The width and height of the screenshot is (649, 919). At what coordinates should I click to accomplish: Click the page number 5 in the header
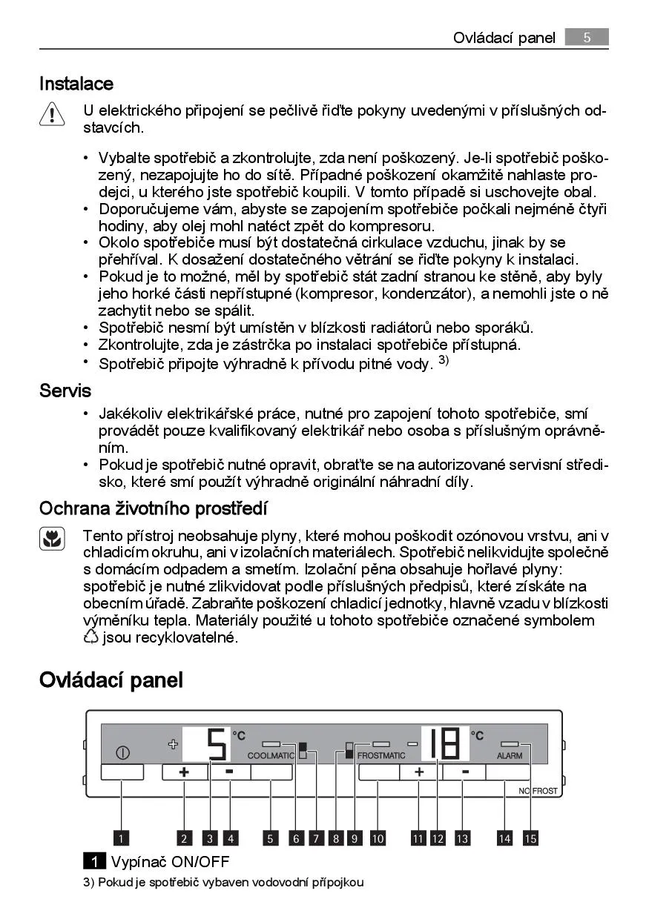pos(586,37)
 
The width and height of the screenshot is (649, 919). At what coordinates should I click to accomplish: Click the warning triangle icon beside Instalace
pos(53,115)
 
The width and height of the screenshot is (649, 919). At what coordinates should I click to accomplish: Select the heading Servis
pos(65,390)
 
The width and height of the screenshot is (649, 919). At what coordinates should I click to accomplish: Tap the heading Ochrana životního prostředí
pos(154,508)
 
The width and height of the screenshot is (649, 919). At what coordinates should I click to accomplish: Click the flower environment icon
pos(52,539)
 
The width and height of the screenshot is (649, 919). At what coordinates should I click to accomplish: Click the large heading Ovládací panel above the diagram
pos(111,680)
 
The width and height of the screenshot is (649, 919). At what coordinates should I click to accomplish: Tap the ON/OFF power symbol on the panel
pos(122,753)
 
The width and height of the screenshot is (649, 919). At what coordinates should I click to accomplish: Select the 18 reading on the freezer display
pos(445,743)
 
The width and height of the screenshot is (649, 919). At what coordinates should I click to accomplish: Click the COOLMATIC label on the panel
pos(271,755)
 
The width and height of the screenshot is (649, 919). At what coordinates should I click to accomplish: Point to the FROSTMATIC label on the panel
pos(381,755)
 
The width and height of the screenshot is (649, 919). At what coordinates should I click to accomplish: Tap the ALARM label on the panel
pos(510,755)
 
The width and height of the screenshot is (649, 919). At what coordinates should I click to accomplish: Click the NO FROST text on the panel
pos(538,791)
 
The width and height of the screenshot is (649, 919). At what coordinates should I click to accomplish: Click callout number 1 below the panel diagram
pos(121,838)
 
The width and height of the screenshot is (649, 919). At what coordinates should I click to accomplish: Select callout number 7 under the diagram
pos(316,838)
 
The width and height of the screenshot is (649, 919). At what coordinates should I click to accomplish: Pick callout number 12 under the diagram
pos(438,838)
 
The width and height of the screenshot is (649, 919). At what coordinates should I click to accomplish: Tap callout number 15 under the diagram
pos(530,838)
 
